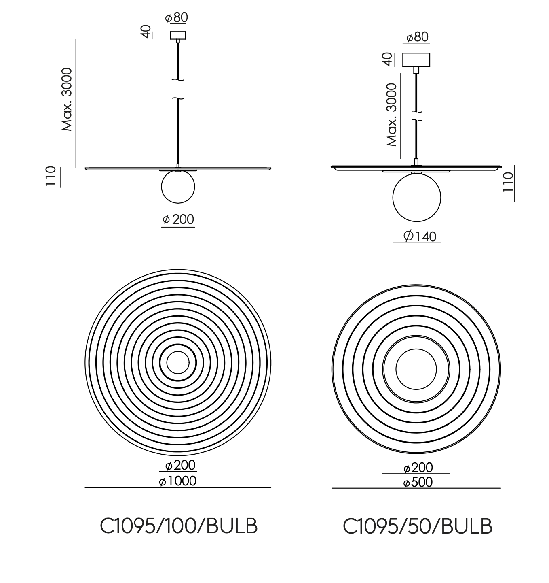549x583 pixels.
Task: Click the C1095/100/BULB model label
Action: [179, 526]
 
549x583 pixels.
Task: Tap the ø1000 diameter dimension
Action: [178, 481]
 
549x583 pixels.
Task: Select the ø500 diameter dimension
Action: [418, 482]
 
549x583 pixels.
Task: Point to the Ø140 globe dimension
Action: [420, 236]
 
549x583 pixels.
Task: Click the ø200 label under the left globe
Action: [178, 219]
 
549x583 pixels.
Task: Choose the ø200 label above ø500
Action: [418, 468]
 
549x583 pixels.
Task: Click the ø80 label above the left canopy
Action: [177, 18]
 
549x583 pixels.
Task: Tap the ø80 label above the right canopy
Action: [418, 37]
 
